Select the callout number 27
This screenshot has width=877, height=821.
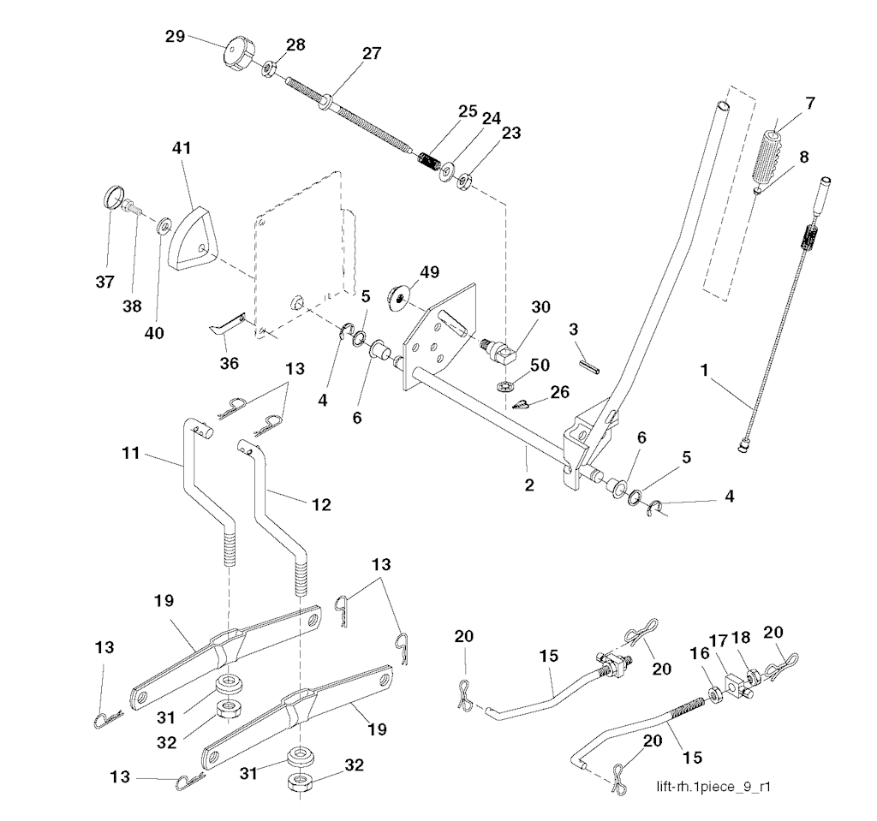click(371, 53)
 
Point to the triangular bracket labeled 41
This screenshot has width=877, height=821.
click(194, 231)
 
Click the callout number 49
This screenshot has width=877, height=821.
click(428, 273)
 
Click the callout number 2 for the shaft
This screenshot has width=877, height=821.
click(529, 485)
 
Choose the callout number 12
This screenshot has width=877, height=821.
click(320, 506)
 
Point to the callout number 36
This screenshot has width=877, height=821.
click(229, 363)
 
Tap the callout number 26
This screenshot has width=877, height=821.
click(560, 392)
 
